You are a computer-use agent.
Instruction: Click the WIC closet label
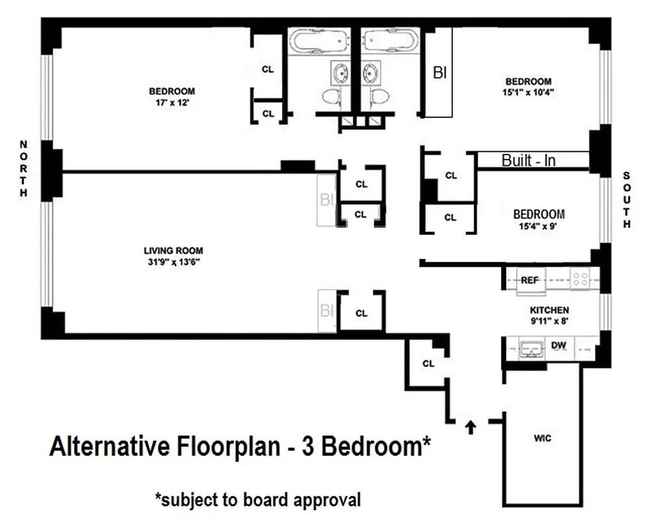point(543,439)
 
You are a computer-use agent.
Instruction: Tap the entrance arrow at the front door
point(471,426)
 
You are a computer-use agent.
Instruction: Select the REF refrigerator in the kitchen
point(530,280)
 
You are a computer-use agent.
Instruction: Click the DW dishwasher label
point(558,346)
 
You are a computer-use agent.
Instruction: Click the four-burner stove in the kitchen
point(580,280)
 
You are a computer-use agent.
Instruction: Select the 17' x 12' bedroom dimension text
point(172,103)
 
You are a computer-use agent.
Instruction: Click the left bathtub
point(318,42)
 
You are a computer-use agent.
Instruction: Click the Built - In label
point(529,160)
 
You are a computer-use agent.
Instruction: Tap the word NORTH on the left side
point(23,169)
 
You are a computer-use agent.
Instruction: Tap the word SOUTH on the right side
point(626,200)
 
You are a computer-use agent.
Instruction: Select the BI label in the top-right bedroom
point(440,73)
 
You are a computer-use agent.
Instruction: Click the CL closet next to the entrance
point(428,363)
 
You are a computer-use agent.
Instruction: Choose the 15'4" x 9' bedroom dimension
point(538,226)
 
